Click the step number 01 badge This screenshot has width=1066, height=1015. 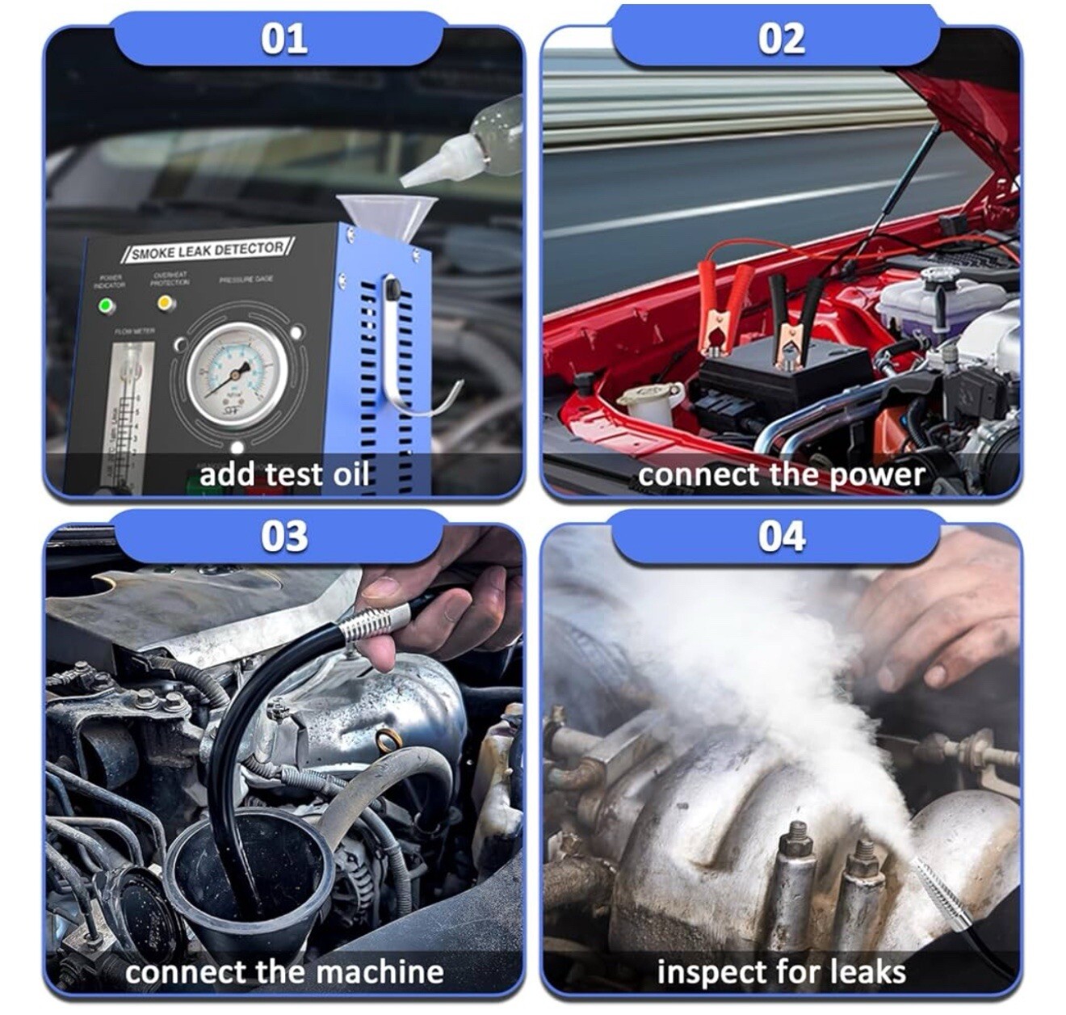(x=283, y=39)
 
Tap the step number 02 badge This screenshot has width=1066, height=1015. (x=781, y=39)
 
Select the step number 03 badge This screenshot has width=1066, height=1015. (x=283, y=537)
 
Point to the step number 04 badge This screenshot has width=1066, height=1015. (x=781, y=537)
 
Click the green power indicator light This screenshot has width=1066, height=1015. (x=105, y=306)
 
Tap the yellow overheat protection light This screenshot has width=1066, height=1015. (x=165, y=303)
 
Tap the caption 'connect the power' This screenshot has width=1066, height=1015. (x=781, y=474)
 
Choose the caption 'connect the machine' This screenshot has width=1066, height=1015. (x=283, y=971)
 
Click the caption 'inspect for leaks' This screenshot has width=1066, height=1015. (x=781, y=971)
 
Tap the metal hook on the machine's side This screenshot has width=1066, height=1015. (x=404, y=356)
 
